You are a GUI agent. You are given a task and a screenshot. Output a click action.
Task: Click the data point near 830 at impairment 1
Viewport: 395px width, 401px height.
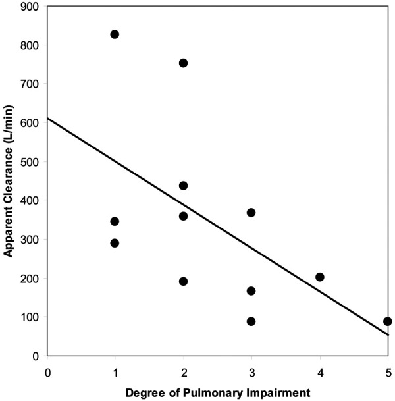coord(115,34)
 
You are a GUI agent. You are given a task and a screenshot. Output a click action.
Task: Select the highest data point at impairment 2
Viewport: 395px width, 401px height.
coord(183,63)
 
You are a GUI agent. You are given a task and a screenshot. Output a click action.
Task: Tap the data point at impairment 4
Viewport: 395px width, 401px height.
coord(320,277)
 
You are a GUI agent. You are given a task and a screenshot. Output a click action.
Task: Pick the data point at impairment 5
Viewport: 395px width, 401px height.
coord(388,321)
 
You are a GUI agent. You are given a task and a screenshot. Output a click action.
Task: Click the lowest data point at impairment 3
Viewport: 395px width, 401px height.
coord(251,321)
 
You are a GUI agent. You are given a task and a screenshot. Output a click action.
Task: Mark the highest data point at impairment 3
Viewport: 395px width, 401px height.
coord(251,213)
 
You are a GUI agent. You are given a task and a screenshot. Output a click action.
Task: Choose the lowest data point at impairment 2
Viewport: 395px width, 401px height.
coord(183,281)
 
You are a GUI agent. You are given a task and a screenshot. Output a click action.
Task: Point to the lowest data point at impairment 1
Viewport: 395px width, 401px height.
coord(115,243)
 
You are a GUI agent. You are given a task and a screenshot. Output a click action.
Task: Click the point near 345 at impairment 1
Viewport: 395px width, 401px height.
coord(115,221)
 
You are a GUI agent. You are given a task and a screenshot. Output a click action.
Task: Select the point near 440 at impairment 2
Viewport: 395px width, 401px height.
coord(183,186)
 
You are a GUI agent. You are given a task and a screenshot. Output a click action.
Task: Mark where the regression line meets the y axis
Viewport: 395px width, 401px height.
coord(48,119)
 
